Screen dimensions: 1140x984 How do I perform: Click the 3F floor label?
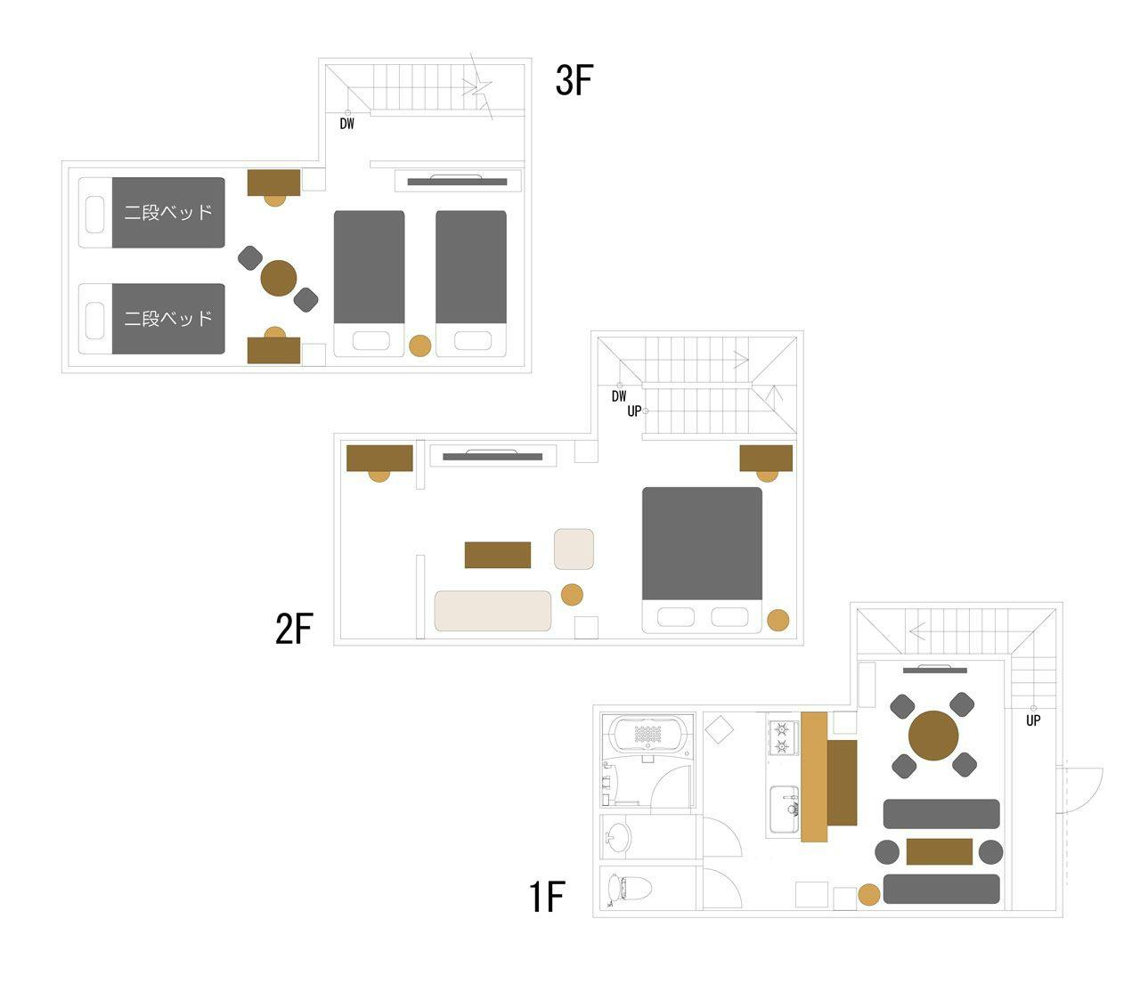click(574, 80)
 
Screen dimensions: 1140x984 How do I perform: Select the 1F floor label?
click(547, 897)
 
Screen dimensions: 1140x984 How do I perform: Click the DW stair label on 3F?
click(347, 124)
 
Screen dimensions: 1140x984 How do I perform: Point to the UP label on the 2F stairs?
click(634, 411)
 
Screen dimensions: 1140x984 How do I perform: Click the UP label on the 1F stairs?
click(1033, 720)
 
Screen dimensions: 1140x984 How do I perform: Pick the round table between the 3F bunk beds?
click(279, 278)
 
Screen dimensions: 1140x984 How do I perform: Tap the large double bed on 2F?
click(702, 559)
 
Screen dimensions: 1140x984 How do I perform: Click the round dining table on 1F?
click(933, 736)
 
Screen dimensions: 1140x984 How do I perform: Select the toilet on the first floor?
click(629, 888)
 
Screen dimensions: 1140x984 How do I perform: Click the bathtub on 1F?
click(648, 734)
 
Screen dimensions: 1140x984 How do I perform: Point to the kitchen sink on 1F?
click(785, 809)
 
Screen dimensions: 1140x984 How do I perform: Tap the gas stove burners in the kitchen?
click(781, 738)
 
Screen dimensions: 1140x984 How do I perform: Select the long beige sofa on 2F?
click(493, 611)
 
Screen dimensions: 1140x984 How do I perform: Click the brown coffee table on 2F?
click(498, 554)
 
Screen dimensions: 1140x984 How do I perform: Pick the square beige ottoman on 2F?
click(574, 549)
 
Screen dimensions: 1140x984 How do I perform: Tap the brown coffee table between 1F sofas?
click(940, 851)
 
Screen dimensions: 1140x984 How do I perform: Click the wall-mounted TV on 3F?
click(457, 181)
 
